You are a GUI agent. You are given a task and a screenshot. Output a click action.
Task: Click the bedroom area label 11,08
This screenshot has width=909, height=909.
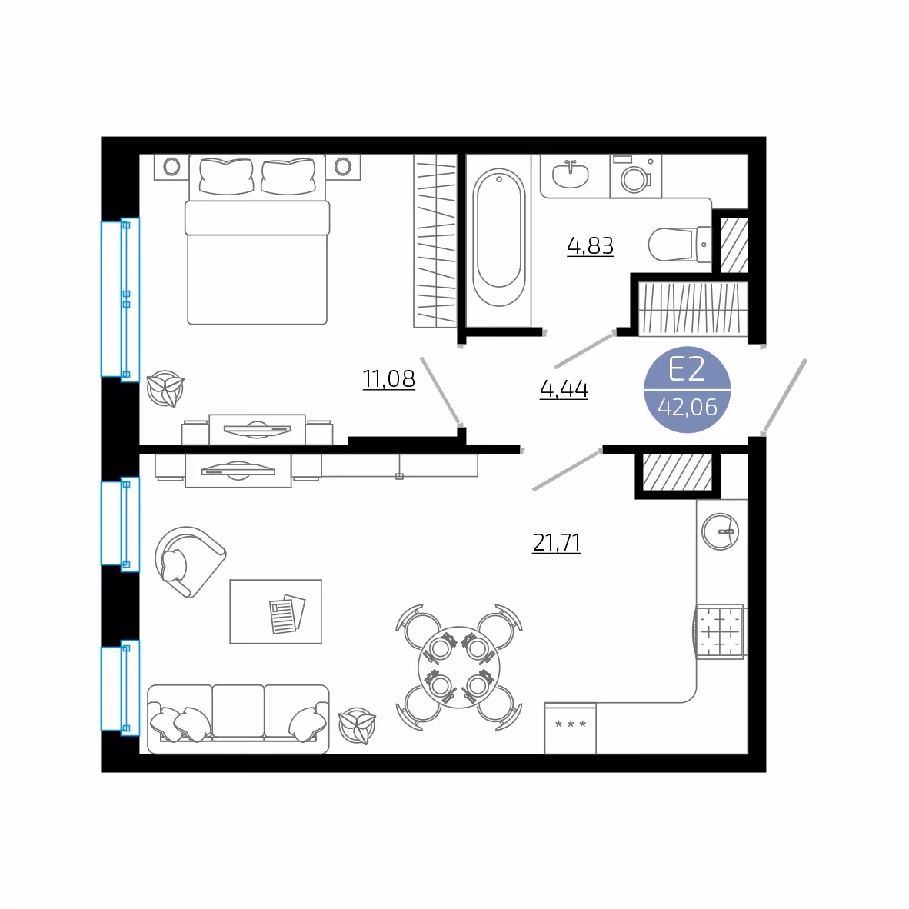[x=389, y=379]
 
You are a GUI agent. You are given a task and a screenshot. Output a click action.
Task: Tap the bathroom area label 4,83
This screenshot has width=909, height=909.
[x=590, y=246]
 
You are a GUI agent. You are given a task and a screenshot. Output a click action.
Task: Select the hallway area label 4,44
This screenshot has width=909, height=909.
[x=564, y=388]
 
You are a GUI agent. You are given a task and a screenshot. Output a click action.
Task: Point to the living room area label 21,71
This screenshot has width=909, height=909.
[x=557, y=543]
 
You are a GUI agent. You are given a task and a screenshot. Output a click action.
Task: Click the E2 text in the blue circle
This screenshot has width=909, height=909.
[x=687, y=368]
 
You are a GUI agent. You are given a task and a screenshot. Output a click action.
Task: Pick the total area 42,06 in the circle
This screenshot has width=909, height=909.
[x=688, y=407]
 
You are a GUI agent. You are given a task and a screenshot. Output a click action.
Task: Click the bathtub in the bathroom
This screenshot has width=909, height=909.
[x=499, y=237]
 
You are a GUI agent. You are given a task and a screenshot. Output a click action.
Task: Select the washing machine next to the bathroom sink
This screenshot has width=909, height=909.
[x=635, y=176]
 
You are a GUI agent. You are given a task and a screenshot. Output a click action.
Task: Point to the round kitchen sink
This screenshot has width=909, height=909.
[x=720, y=531]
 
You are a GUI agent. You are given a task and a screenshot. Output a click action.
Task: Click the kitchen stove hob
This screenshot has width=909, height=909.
[x=719, y=631]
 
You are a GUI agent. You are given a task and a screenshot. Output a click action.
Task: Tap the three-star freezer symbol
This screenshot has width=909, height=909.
[x=571, y=724]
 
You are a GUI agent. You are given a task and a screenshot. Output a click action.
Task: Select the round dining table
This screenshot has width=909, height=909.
[x=458, y=667]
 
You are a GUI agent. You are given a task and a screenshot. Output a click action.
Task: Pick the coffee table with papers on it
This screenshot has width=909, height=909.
[x=275, y=611]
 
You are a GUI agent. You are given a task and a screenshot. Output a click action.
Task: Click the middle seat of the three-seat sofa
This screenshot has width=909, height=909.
[x=238, y=713]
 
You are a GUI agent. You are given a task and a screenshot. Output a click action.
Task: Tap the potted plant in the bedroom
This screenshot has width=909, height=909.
[x=165, y=388]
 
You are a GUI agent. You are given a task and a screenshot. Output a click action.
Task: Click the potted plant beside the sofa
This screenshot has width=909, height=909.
[x=357, y=726]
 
